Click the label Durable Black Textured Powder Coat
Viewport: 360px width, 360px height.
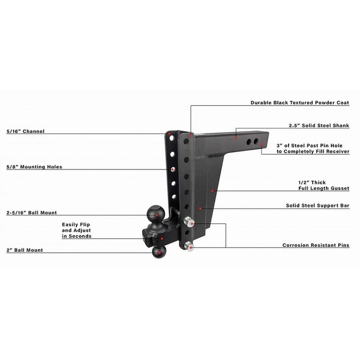pos(300,103)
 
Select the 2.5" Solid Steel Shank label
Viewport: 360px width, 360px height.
pos(319,126)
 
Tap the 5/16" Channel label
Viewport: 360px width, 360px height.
pos(26,132)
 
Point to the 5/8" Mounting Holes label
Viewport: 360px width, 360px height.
pos(34,167)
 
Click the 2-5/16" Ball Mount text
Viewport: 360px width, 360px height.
pos(31,213)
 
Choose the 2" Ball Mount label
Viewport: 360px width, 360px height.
pos(25,250)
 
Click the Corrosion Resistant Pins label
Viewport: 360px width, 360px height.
pos(316,246)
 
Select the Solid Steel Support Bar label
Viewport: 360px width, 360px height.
pos(318,206)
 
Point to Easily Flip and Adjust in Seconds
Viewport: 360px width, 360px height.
pos(76,230)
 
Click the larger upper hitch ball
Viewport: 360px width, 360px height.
pos(155,214)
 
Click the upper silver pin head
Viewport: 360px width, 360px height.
pos(189,221)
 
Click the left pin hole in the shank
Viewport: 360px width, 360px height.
pos(248,142)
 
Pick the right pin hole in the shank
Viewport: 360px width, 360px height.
pos(256,142)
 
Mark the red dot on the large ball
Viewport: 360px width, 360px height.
pos(155,215)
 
